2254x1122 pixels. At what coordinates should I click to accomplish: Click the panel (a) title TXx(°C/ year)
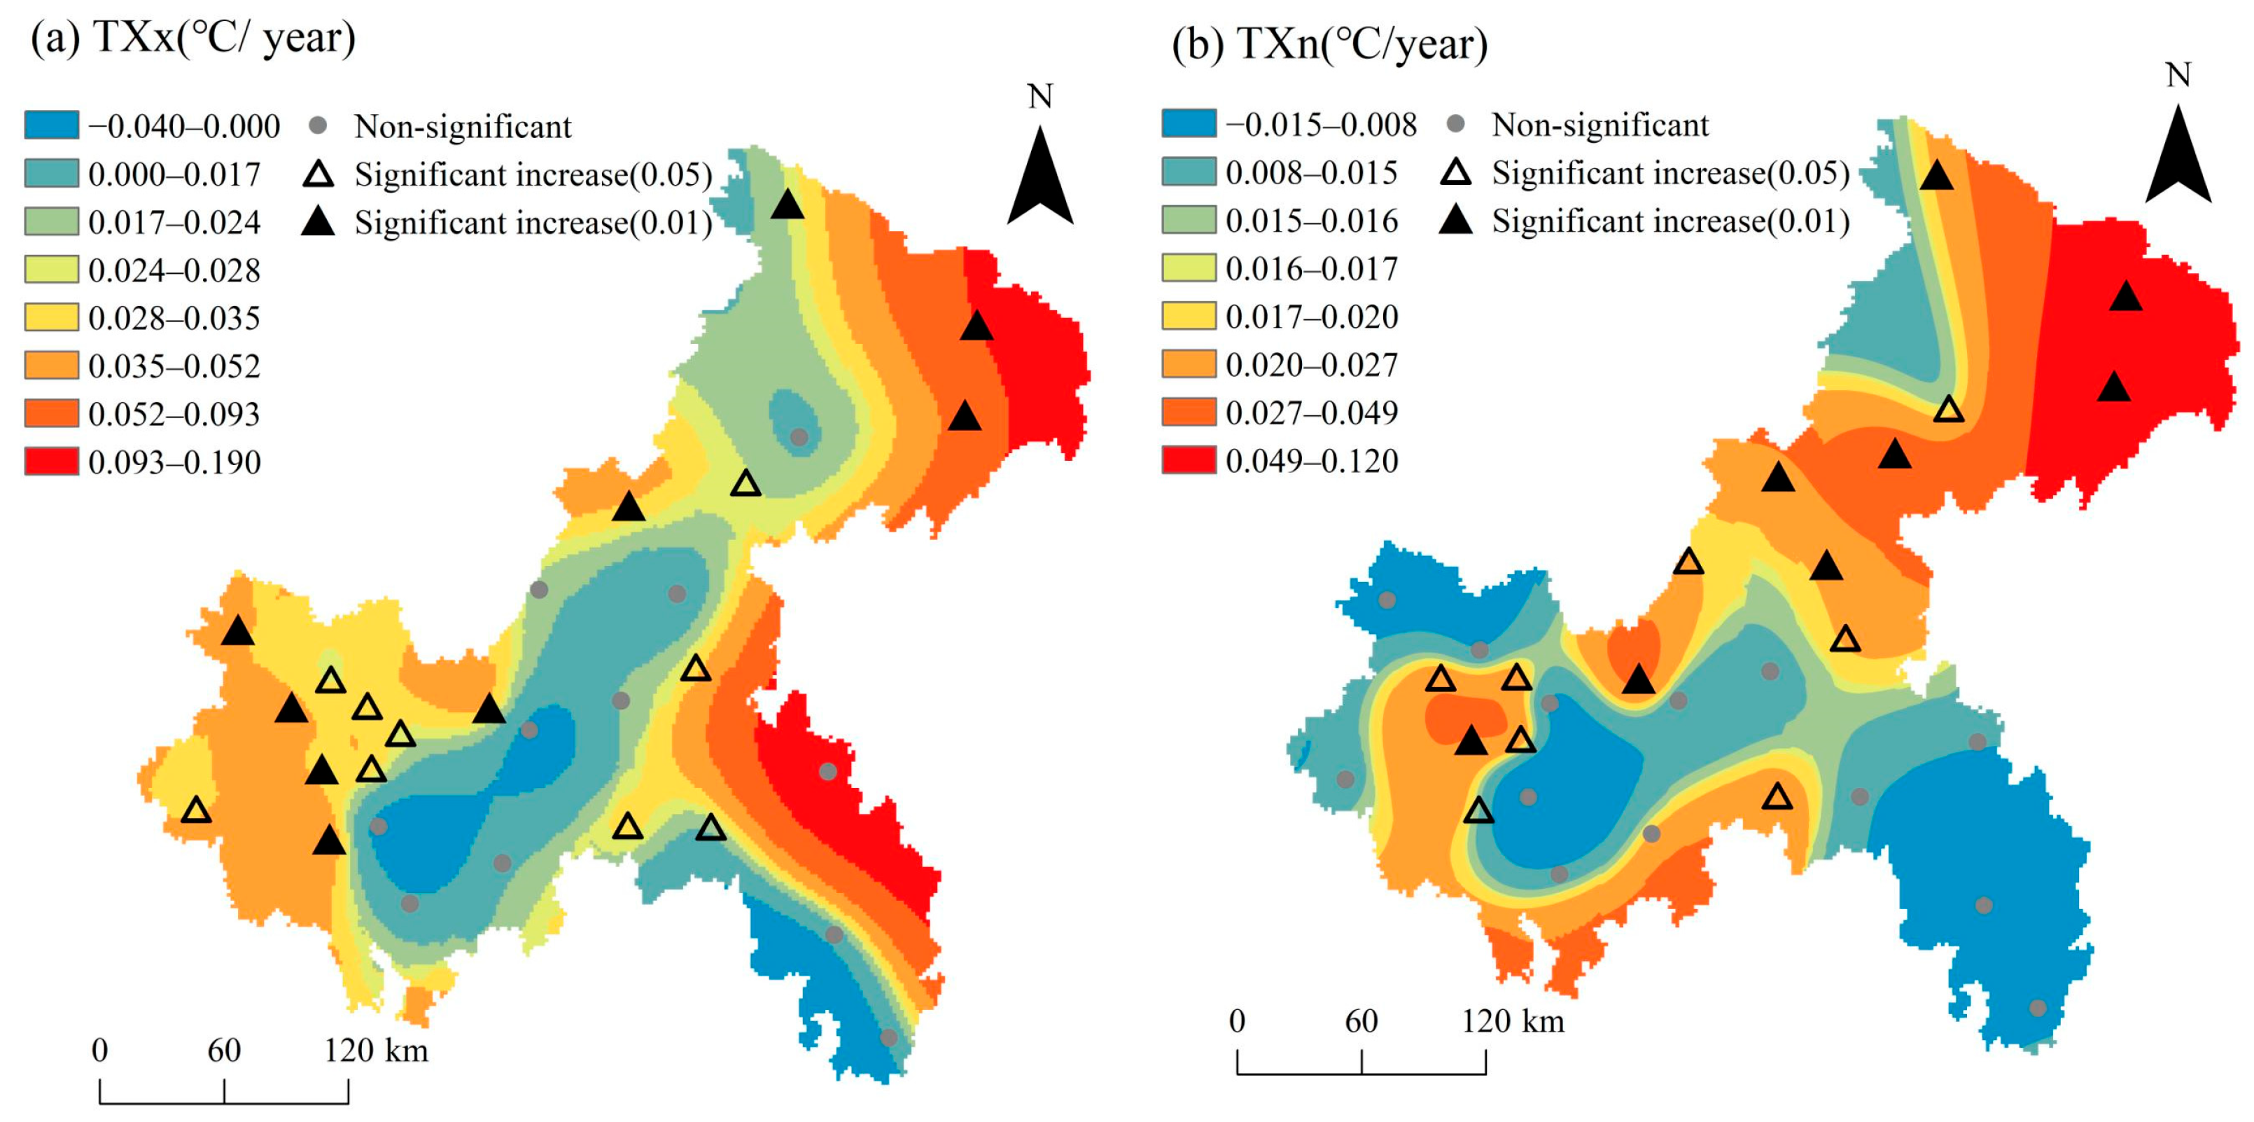192,38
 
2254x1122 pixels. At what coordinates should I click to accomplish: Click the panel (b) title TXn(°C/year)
1330,43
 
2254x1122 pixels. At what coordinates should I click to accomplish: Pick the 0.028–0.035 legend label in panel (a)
174,318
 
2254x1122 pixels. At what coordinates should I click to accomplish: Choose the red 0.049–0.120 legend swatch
1189,459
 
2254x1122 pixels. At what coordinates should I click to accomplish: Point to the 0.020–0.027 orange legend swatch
1189,363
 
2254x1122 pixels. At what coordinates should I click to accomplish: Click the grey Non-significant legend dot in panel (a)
318,126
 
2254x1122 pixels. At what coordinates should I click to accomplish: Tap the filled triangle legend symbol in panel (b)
1456,221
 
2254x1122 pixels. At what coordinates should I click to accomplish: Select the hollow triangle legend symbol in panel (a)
318,174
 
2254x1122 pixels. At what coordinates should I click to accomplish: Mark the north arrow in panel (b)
2178,158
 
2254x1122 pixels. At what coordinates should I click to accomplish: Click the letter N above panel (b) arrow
2178,75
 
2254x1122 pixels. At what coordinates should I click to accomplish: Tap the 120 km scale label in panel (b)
1512,1020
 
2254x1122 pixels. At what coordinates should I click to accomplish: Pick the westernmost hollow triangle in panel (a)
197,810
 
